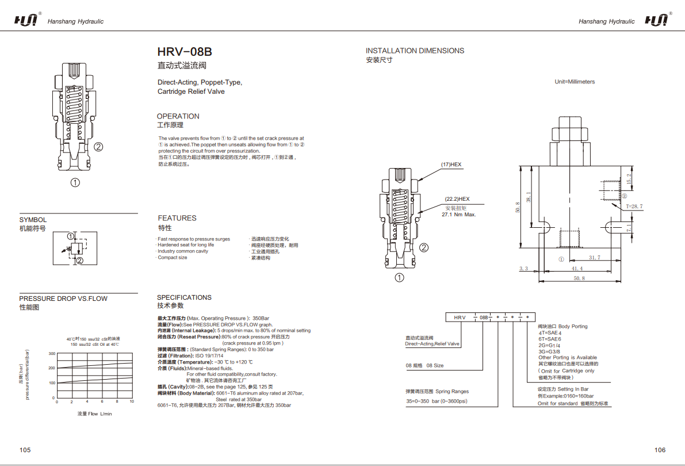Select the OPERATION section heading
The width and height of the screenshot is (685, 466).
[x=178, y=116]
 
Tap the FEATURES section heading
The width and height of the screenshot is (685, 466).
[x=177, y=218]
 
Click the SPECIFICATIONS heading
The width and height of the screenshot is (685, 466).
[x=185, y=297]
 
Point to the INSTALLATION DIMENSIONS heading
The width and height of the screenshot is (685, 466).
[x=415, y=51]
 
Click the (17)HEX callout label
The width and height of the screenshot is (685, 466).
[x=451, y=165]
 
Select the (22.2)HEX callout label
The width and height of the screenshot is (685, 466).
[x=457, y=198]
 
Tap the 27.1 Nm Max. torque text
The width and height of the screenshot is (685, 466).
[x=459, y=215]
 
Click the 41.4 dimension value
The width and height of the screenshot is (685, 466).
[x=577, y=269]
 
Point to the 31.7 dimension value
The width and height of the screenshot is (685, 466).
[x=595, y=258]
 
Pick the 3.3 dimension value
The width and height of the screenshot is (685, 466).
[x=523, y=269]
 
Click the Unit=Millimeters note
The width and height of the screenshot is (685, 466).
[x=575, y=82]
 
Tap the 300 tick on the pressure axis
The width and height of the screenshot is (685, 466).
[x=52, y=354]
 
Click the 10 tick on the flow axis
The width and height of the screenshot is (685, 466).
[x=132, y=402]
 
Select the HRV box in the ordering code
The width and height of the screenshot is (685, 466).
[x=460, y=317]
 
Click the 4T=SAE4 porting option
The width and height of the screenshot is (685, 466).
[x=549, y=333]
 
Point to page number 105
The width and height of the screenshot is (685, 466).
[x=25, y=450]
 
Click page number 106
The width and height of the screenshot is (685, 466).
[x=660, y=450]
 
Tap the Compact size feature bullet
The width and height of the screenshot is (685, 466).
[x=173, y=258]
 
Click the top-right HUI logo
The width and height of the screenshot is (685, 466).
[x=657, y=21]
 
